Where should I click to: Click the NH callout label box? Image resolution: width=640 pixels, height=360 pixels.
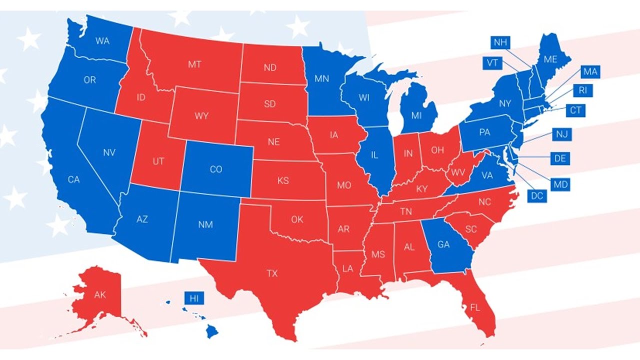point(500,42)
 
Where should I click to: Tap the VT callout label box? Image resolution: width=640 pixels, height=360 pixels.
point(492,63)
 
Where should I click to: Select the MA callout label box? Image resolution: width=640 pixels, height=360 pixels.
point(590,72)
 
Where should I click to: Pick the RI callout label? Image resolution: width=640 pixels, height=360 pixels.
point(582,90)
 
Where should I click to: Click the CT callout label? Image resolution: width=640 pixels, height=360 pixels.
point(575,110)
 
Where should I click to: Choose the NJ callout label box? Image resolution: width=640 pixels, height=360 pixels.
point(562,134)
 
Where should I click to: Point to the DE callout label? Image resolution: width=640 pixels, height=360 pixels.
point(559,159)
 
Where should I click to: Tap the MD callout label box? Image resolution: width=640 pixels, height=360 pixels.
point(560,184)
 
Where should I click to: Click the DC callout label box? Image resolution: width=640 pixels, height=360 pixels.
point(537,196)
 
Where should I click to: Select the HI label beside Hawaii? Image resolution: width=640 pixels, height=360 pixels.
point(194,298)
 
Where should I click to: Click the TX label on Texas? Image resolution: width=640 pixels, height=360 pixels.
point(272,273)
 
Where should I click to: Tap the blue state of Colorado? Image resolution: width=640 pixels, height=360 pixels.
point(216,169)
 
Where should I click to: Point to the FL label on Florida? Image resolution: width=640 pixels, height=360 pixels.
point(475,307)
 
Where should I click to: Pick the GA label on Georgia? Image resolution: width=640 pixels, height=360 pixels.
point(443,244)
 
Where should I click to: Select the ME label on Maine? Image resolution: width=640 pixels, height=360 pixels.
point(550,59)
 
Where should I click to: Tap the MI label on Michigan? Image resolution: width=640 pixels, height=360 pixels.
point(416,115)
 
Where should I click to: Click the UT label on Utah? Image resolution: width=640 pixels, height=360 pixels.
point(158,161)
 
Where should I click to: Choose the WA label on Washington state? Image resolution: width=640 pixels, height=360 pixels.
point(102,41)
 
